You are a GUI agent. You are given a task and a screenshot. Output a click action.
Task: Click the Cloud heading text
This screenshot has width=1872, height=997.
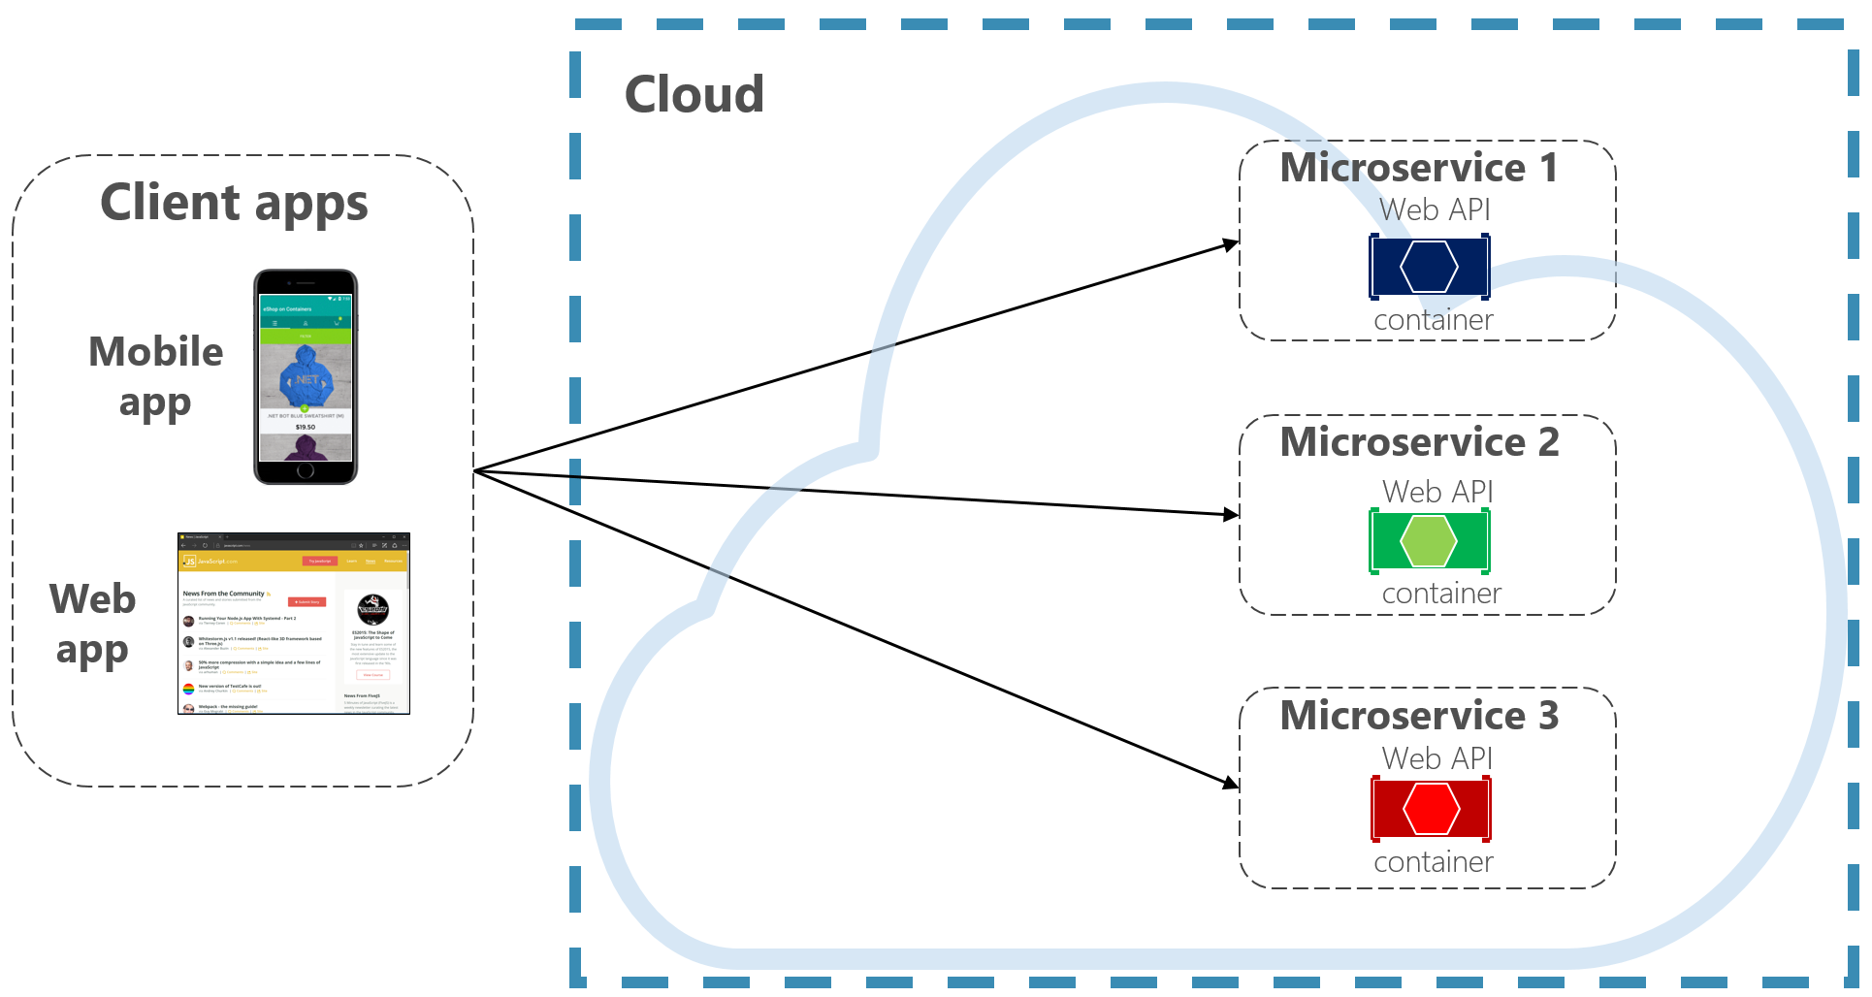(694, 95)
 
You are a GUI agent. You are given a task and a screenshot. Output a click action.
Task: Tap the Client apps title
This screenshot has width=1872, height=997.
(234, 204)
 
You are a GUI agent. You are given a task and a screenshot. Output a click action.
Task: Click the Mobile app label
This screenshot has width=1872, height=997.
(155, 376)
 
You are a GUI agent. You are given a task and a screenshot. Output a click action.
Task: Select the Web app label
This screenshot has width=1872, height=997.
(92, 624)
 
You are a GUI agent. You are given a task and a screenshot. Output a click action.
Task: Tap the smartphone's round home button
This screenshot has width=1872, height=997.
(306, 470)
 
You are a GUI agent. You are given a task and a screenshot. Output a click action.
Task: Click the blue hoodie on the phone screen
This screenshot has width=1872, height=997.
(307, 377)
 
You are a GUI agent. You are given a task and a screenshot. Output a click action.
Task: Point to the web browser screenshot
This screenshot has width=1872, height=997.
(293, 624)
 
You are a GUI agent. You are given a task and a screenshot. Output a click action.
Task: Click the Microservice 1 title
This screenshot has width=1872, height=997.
(1418, 168)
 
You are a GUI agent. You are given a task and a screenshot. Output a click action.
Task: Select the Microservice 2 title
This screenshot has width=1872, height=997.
(1419, 442)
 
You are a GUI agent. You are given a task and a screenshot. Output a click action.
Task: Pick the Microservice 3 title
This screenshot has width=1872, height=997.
(1418, 716)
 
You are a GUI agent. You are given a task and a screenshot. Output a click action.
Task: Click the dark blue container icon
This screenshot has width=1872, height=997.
(1429, 267)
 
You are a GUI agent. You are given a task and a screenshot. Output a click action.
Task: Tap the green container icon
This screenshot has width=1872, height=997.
(1429, 540)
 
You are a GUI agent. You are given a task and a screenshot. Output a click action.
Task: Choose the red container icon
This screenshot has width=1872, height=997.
(1431, 808)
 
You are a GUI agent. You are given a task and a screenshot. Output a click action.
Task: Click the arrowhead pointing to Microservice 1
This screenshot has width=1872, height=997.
(1231, 243)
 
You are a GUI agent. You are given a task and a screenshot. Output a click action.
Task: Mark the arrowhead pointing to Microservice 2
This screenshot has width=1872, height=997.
(1231, 514)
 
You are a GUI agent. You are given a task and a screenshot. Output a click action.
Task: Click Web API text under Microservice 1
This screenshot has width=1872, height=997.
(1435, 209)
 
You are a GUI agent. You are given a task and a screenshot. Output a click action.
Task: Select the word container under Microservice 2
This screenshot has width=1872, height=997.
(1440, 593)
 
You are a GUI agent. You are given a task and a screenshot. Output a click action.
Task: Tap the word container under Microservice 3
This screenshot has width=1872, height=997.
(1433, 861)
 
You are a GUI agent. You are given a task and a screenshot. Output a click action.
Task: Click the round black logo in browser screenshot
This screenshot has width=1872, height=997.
(372, 609)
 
